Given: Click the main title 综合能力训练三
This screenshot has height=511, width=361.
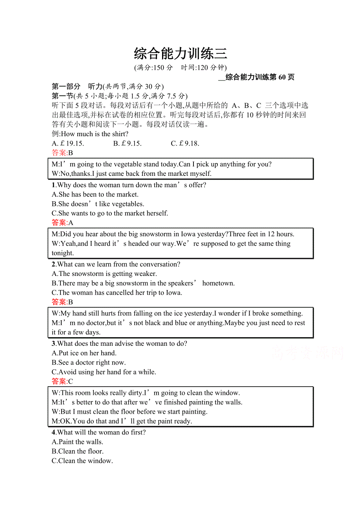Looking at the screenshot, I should coord(180,53).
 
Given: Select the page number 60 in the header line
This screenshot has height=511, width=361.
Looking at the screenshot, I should coord(282,77).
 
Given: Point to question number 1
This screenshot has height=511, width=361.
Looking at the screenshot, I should coord(53,185).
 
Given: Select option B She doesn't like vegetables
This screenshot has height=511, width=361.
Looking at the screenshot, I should coord(98,204).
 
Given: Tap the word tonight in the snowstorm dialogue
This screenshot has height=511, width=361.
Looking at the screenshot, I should coord(62,253).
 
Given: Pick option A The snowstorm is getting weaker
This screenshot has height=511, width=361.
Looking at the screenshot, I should coord(104,274).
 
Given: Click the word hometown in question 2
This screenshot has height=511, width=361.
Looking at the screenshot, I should coord(218,283).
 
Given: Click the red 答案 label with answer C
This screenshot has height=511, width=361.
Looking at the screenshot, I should coord(59,381).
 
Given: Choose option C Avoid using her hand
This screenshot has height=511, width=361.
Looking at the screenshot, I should coord(104,372).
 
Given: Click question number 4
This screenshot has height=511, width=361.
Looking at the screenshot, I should coord(53,433).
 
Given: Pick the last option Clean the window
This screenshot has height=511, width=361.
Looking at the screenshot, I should coord(82,461).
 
